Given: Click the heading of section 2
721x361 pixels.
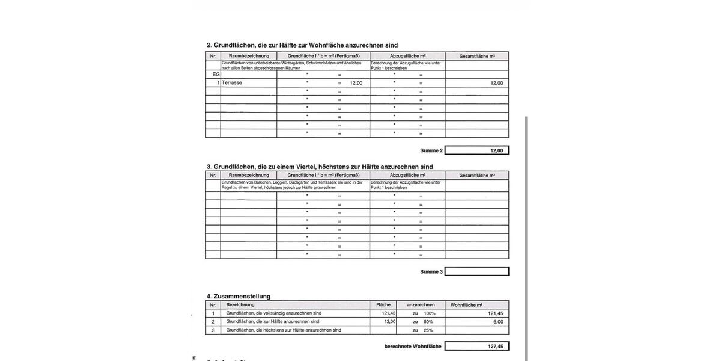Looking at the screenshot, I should pos(302,45).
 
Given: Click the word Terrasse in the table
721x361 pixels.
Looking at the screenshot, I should pos(232,83).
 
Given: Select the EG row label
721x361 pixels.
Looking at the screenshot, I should pos(216,75).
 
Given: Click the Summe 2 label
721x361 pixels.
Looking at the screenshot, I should pos(431,150).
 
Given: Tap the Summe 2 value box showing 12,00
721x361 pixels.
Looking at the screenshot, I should pos(476,150).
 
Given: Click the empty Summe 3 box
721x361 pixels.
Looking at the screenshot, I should pos(476,271).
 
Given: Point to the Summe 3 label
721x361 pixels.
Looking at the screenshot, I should pos(431,272).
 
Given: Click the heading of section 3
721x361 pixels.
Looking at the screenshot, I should pos(320,167).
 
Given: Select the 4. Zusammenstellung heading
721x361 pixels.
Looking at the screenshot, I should pos(239,296).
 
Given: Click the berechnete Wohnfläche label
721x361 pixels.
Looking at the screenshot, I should pos(413,347).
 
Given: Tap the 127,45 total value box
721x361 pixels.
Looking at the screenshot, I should pos(476,347).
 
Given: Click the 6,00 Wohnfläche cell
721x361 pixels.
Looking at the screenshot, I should pos(477,322).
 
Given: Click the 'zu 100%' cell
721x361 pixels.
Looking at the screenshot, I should pos(424,313).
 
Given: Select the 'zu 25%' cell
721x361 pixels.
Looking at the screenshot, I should pos(424,330).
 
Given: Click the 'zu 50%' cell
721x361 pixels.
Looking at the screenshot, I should pos(424,322).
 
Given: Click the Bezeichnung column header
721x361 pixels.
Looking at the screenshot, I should pos(240,305).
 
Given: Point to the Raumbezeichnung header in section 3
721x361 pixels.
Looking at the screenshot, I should pos(249,176).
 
